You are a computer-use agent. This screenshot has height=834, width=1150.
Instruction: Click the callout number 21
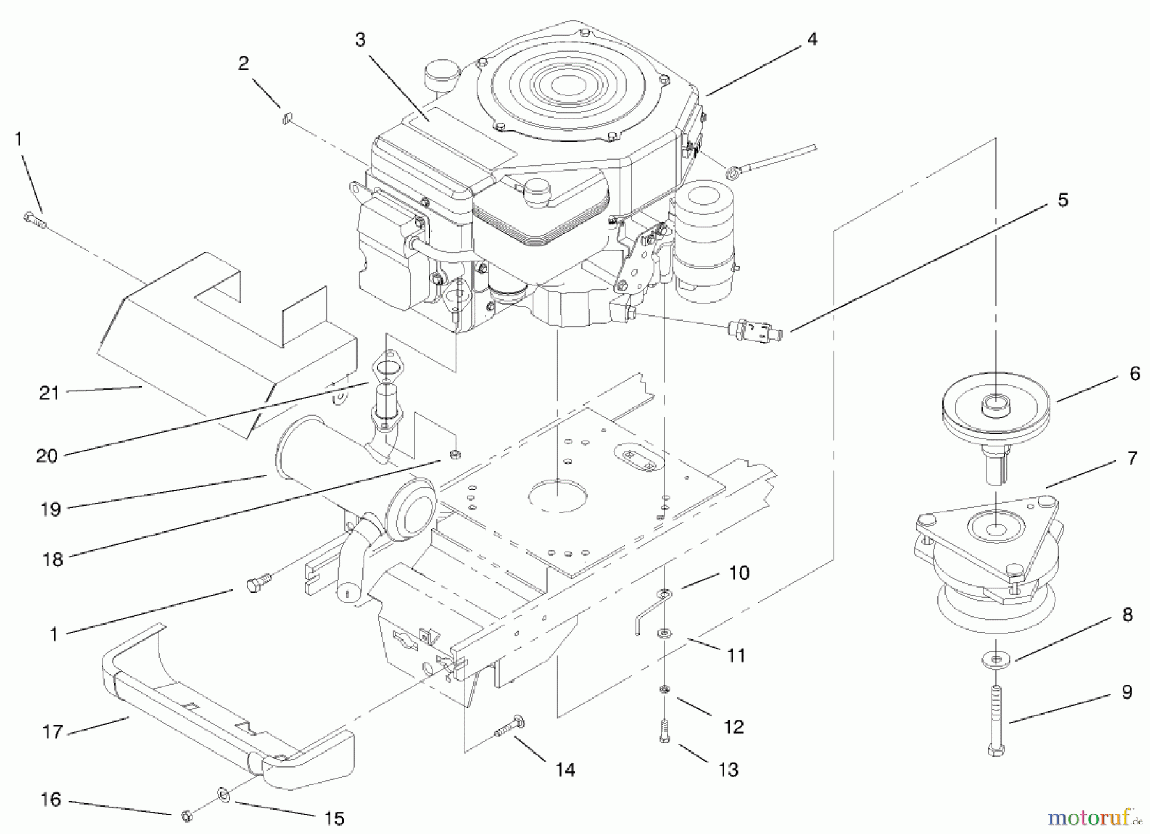pos(49,393)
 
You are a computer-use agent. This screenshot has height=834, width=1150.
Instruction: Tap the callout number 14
pos(565,770)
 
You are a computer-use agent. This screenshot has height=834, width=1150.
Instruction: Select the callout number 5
pos(1062,200)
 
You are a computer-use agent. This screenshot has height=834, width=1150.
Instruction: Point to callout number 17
pos(53,731)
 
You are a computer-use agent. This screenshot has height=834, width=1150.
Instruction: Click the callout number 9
pos(1126,692)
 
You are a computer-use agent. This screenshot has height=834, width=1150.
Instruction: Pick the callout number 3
pos(360,40)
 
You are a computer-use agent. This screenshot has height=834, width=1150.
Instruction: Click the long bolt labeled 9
pos(996,719)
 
